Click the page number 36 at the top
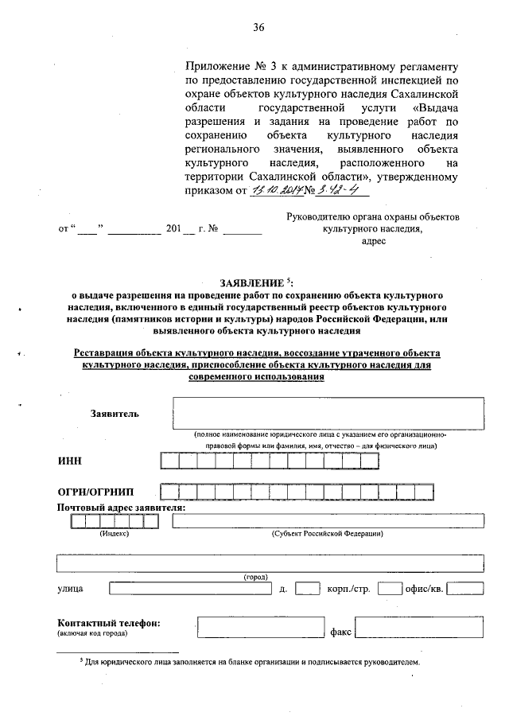tap(258, 28)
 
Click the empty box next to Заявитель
tap(328, 413)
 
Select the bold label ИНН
tap(69, 461)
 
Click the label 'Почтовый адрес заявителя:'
tap(121, 508)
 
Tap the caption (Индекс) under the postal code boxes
tap(114, 533)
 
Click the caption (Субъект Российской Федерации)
tap(327, 533)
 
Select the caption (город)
tap(255, 576)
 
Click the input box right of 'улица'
tap(188, 590)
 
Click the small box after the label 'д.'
tap(307, 590)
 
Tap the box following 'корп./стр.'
tap(390, 590)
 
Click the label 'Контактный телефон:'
tap(109, 622)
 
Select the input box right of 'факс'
tap(419, 628)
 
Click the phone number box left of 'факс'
tap(262, 628)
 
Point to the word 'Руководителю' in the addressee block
tap(318, 217)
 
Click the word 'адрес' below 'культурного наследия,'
tap(373, 241)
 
